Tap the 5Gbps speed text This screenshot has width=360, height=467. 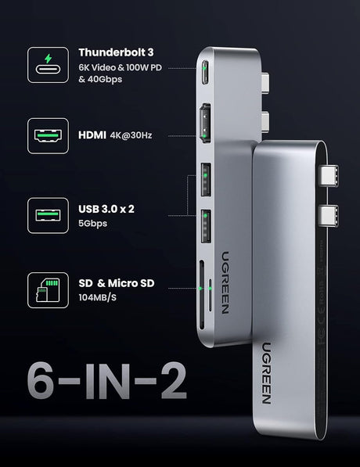(93, 223)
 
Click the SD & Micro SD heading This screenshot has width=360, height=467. (123, 282)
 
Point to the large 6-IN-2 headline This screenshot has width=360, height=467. (106, 380)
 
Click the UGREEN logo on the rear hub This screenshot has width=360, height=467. (267, 375)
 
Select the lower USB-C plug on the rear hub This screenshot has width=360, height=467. (329, 214)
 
